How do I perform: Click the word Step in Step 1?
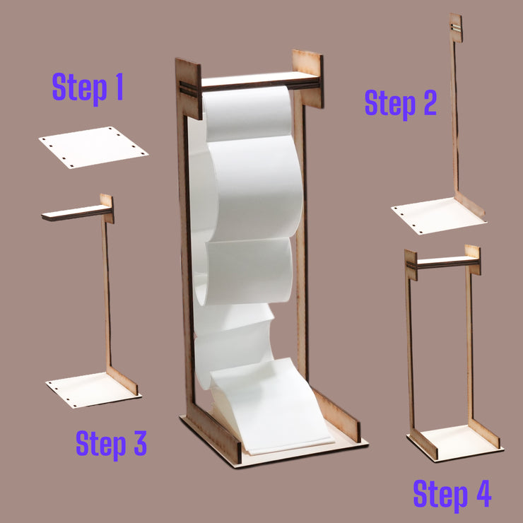tap(78, 88)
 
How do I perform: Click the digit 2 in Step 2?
tap(425, 103)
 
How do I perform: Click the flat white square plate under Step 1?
tap(93, 147)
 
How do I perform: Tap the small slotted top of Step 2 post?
tap(456, 27)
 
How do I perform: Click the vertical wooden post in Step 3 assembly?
tap(107, 297)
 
